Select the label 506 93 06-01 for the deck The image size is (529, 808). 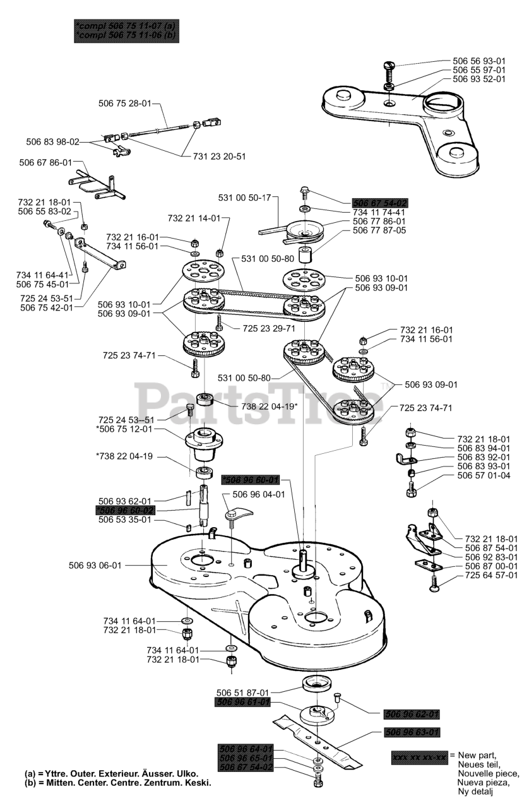tap(95, 565)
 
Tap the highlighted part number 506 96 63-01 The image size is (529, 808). tap(412, 732)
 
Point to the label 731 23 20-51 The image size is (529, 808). tap(219, 156)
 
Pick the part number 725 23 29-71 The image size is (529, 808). tap(269, 329)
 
